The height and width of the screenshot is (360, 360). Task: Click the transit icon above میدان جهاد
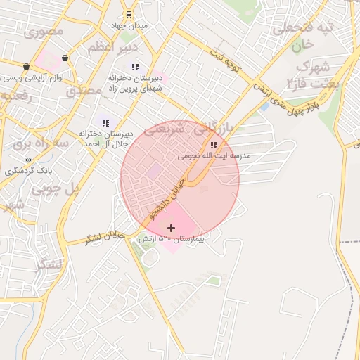pyautogui.click(x=129, y=15)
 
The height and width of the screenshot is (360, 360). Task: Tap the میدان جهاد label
pyautogui.click(x=129, y=26)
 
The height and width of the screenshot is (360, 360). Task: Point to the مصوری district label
pyautogui.click(x=44, y=32)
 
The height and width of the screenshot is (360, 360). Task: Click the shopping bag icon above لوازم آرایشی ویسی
pyautogui.click(x=65, y=58)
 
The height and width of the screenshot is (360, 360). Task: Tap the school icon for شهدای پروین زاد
pyautogui.click(x=135, y=67)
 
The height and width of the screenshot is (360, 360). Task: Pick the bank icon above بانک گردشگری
pyautogui.click(x=28, y=160)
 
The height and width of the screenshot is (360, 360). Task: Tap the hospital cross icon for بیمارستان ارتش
pyautogui.click(x=171, y=228)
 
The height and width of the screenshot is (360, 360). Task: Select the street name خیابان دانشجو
pyautogui.click(x=164, y=196)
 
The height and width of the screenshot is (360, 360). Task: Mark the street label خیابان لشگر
pyautogui.click(x=105, y=236)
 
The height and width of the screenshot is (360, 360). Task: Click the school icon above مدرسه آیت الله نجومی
pyautogui.click(x=214, y=145)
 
